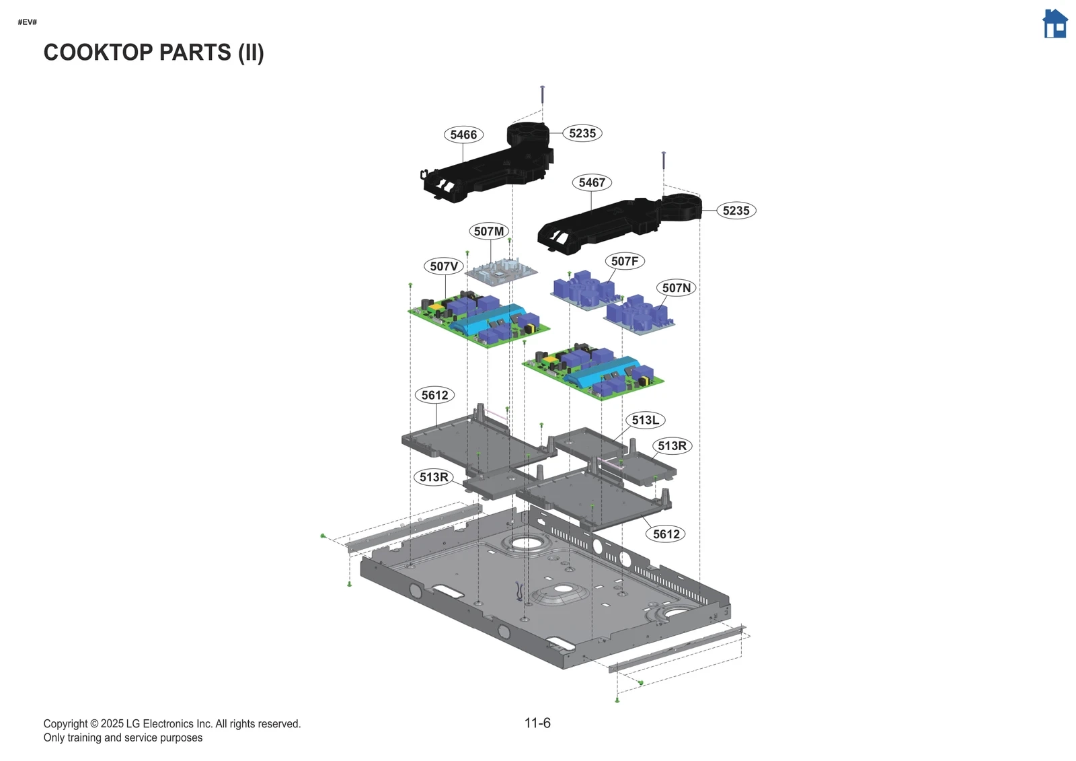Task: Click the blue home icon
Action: [1054, 24]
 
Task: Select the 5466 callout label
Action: [463, 135]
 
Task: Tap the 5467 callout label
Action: [592, 182]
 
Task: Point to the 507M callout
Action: [489, 231]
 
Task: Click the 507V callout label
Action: [444, 266]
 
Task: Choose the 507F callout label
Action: [625, 261]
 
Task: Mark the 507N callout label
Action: [677, 288]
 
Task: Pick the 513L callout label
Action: [646, 420]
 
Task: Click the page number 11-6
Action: [537, 723]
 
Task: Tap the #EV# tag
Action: [28, 22]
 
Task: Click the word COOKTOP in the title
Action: [98, 52]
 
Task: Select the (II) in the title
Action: [251, 52]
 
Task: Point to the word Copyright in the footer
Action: [65, 724]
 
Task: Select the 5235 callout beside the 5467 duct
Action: [736, 211]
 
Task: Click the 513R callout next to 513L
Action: [672, 445]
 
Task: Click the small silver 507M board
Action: [502, 271]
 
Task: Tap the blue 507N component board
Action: [638, 315]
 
